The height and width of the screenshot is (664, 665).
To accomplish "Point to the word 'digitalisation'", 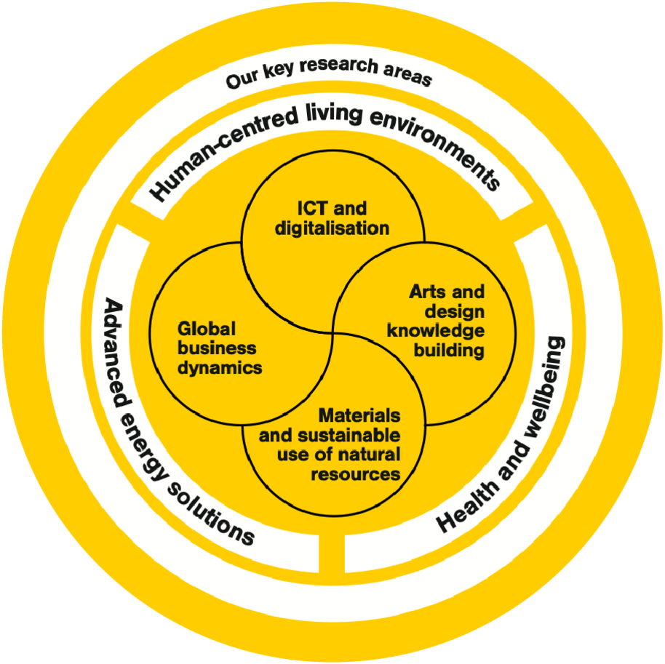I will [332, 228].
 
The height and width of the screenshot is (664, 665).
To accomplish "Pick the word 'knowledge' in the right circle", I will [436, 331].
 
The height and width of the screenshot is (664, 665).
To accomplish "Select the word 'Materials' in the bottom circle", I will [359, 416].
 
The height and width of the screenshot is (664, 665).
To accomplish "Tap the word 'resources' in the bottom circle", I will [356, 474].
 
